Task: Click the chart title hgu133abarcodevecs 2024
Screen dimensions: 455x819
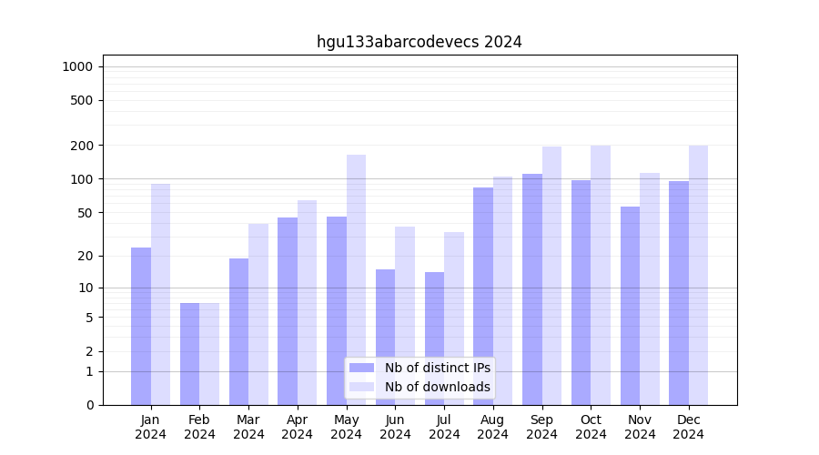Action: click(419, 42)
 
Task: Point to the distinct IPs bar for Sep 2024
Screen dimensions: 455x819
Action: click(532, 289)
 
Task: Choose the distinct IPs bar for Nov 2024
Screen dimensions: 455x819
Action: click(630, 306)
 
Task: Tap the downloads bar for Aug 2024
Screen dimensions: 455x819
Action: click(502, 290)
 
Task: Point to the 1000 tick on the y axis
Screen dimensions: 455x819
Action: click(77, 66)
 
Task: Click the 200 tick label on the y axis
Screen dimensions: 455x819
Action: click(83, 146)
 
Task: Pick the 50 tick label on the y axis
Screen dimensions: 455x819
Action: click(86, 213)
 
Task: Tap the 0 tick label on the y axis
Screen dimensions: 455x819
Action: click(89, 405)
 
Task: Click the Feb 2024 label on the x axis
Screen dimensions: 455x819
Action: click(200, 427)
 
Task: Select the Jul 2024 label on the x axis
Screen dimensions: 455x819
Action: click(444, 427)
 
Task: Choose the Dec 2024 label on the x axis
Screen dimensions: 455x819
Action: click(689, 427)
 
